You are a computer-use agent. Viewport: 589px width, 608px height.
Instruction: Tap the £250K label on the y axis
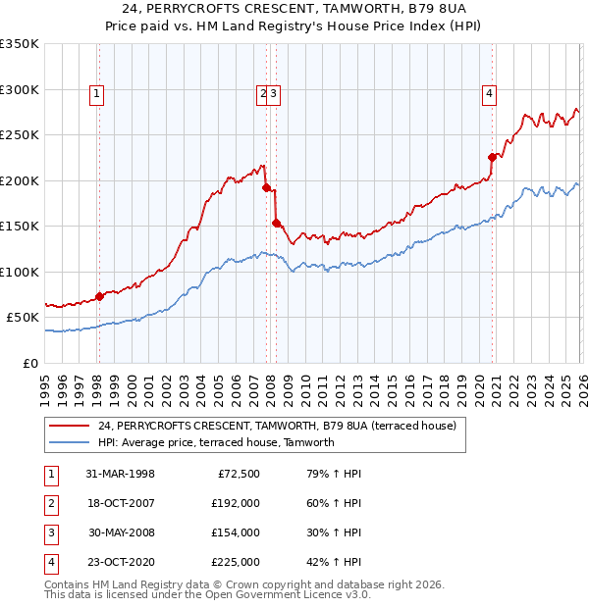coord(20,134)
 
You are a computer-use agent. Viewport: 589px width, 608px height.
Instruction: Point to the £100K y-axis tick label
coord(20,272)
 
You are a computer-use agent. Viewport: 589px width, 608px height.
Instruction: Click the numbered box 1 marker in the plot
coord(98,94)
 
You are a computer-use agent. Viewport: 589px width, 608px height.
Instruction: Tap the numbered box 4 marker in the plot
coord(488,94)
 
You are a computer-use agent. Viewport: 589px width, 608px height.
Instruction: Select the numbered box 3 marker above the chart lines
coord(274,94)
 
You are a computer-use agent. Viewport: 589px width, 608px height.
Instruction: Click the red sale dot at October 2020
coord(492,156)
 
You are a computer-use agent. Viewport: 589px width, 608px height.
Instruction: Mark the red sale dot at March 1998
coord(99,296)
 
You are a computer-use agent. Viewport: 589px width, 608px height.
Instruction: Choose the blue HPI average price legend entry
coord(216,442)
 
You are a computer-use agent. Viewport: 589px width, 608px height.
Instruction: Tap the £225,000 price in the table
coord(236,562)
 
